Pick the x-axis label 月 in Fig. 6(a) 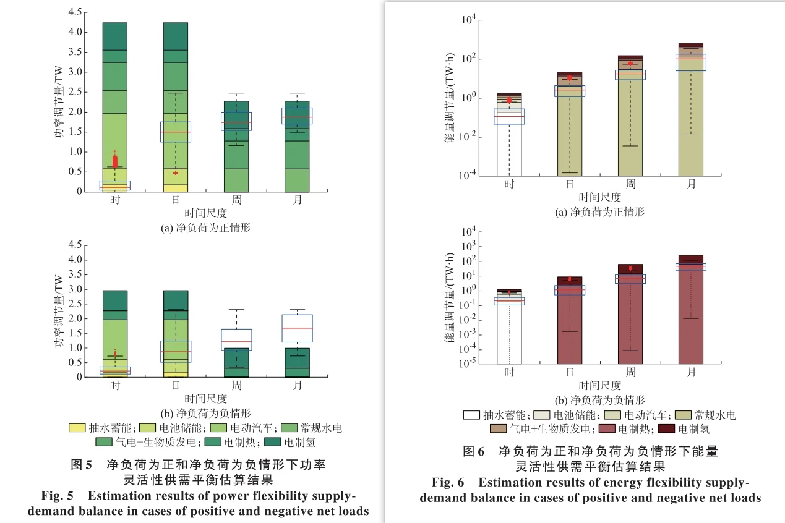pyautogui.click(x=691, y=184)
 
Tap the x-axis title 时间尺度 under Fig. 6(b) pyautogui.click(x=599, y=386)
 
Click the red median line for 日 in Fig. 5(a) pyautogui.click(x=176, y=132)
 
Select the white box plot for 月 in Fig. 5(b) pyautogui.click(x=298, y=328)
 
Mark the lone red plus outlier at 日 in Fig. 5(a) pyautogui.click(x=176, y=173)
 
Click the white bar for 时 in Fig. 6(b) pyautogui.click(x=509, y=334)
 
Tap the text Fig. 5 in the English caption pyautogui.click(x=57, y=496)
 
